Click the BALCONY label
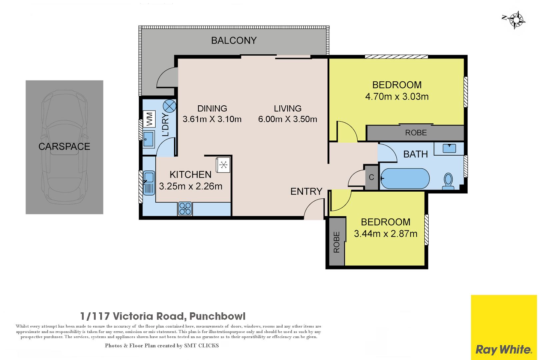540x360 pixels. click(x=234, y=40)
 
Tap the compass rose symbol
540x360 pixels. click(x=515, y=20)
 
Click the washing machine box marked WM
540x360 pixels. click(x=149, y=119)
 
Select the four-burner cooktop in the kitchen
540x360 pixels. click(x=185, y=209)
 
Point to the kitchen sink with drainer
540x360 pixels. click(x=149, y=183)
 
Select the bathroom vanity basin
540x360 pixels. click(x=449, y=148)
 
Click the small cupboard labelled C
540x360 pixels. click(x=371, y=178)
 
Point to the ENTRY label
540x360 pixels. click(x=306, y=191)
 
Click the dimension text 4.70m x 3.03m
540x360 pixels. click(x=397, y=97)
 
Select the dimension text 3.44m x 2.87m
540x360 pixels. click(x=385, y=234)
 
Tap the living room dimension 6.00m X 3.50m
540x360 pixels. click(x=287, y=119)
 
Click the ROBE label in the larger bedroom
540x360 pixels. click(x=416, y=133)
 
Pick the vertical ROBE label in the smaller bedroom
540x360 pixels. click(x=337, y=242)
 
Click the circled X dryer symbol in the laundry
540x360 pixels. click(x=169, y=106)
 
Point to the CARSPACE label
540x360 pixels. click(x=64, y=146)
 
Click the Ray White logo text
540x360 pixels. click(x=503, y=350)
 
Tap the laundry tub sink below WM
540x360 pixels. click(x=149, y=139)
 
